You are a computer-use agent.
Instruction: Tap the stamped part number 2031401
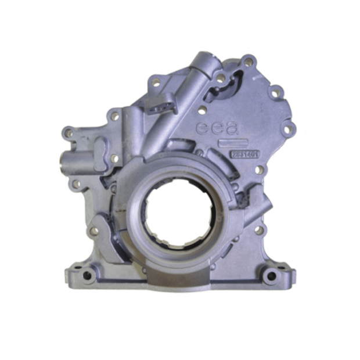point(244,154)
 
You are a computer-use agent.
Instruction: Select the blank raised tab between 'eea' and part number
point(228,142)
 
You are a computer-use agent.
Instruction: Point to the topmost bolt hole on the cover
point(249,60)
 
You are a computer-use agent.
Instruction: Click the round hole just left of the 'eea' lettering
point(201,110)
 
